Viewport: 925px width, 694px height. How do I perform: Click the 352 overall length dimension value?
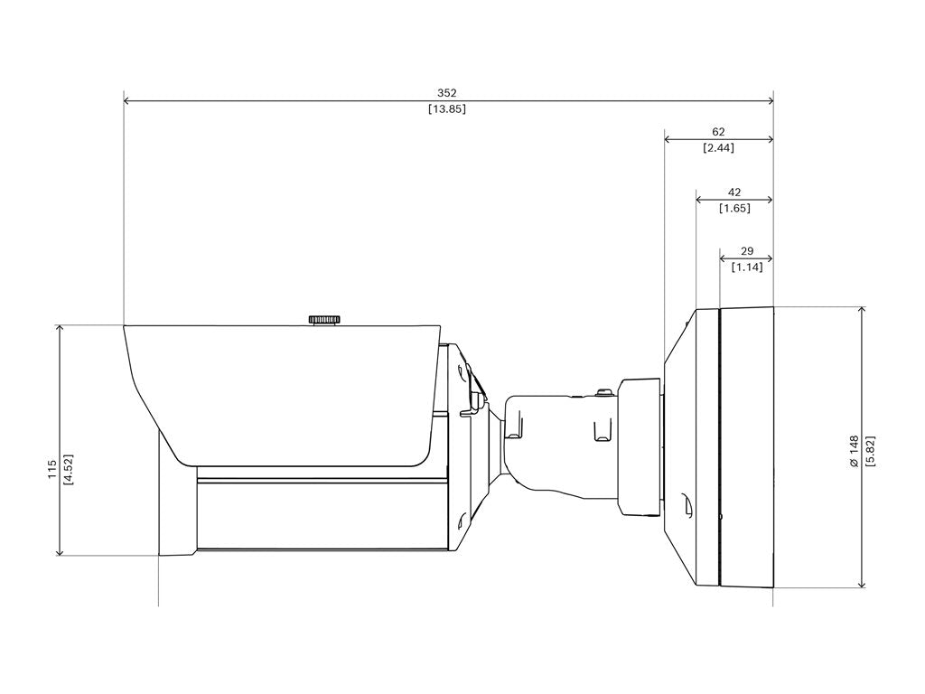click(447, 93)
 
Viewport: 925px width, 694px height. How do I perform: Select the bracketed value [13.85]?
click(447, 109)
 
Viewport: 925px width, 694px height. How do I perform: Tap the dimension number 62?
click(718, 132)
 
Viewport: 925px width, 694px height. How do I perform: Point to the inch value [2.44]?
click(718, 148)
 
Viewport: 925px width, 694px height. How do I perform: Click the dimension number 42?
click(733, 192)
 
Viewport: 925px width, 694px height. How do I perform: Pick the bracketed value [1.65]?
click(733, 209)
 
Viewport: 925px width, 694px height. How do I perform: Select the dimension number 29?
click(746, 251)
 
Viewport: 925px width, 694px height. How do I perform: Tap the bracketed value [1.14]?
click(746, 267)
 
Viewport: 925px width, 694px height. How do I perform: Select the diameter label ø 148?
click(853, 450)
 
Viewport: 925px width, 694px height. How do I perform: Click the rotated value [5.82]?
click(870, 450)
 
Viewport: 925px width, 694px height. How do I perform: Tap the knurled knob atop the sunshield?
click(324, 319)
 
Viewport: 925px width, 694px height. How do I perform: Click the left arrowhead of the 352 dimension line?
click(127, 101)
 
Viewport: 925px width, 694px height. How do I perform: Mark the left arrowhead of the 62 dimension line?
click(668, 139)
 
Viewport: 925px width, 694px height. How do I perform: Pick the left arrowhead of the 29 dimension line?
click(722, 258)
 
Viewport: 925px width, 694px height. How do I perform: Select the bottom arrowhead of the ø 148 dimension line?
click(862, 584)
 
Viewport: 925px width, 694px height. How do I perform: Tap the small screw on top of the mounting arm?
click(602, 392)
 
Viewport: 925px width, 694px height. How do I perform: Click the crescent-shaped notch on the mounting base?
click(686, 508)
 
